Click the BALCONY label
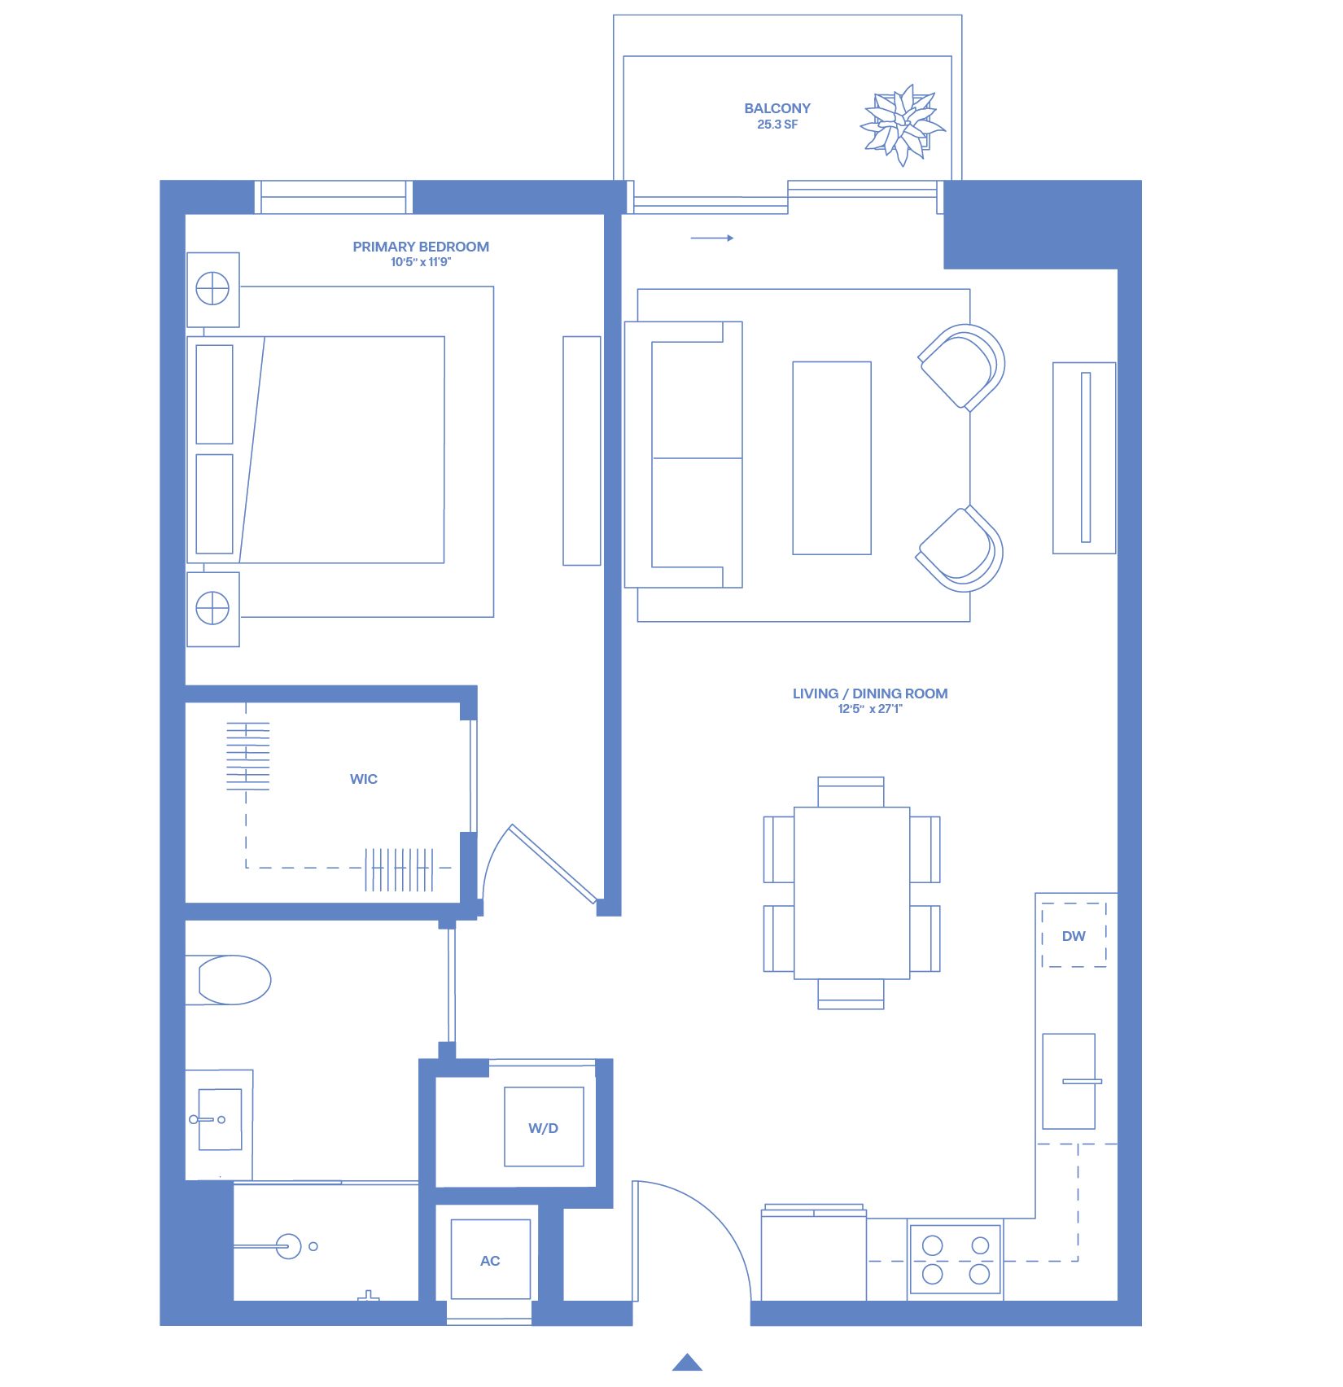[777, 108]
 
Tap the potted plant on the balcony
[902, 125]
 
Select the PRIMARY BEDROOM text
[421, 247]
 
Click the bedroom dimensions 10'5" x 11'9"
[421, 262]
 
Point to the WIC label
[364, 779]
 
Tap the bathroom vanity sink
[220, 1119]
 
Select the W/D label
[543, 1128]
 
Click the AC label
[490, 1261]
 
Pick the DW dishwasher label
[1074, 936]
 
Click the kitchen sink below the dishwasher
[1070, 1081]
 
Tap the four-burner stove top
[956, 1259]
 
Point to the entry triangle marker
[688, 1362]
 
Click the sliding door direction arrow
[712, 238]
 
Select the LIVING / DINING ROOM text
[870, 693]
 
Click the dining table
[851, 893]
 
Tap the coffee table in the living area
[832, 458]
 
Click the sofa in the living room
[684, 454]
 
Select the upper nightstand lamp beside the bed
[212, 288]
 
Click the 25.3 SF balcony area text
[777, 125]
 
